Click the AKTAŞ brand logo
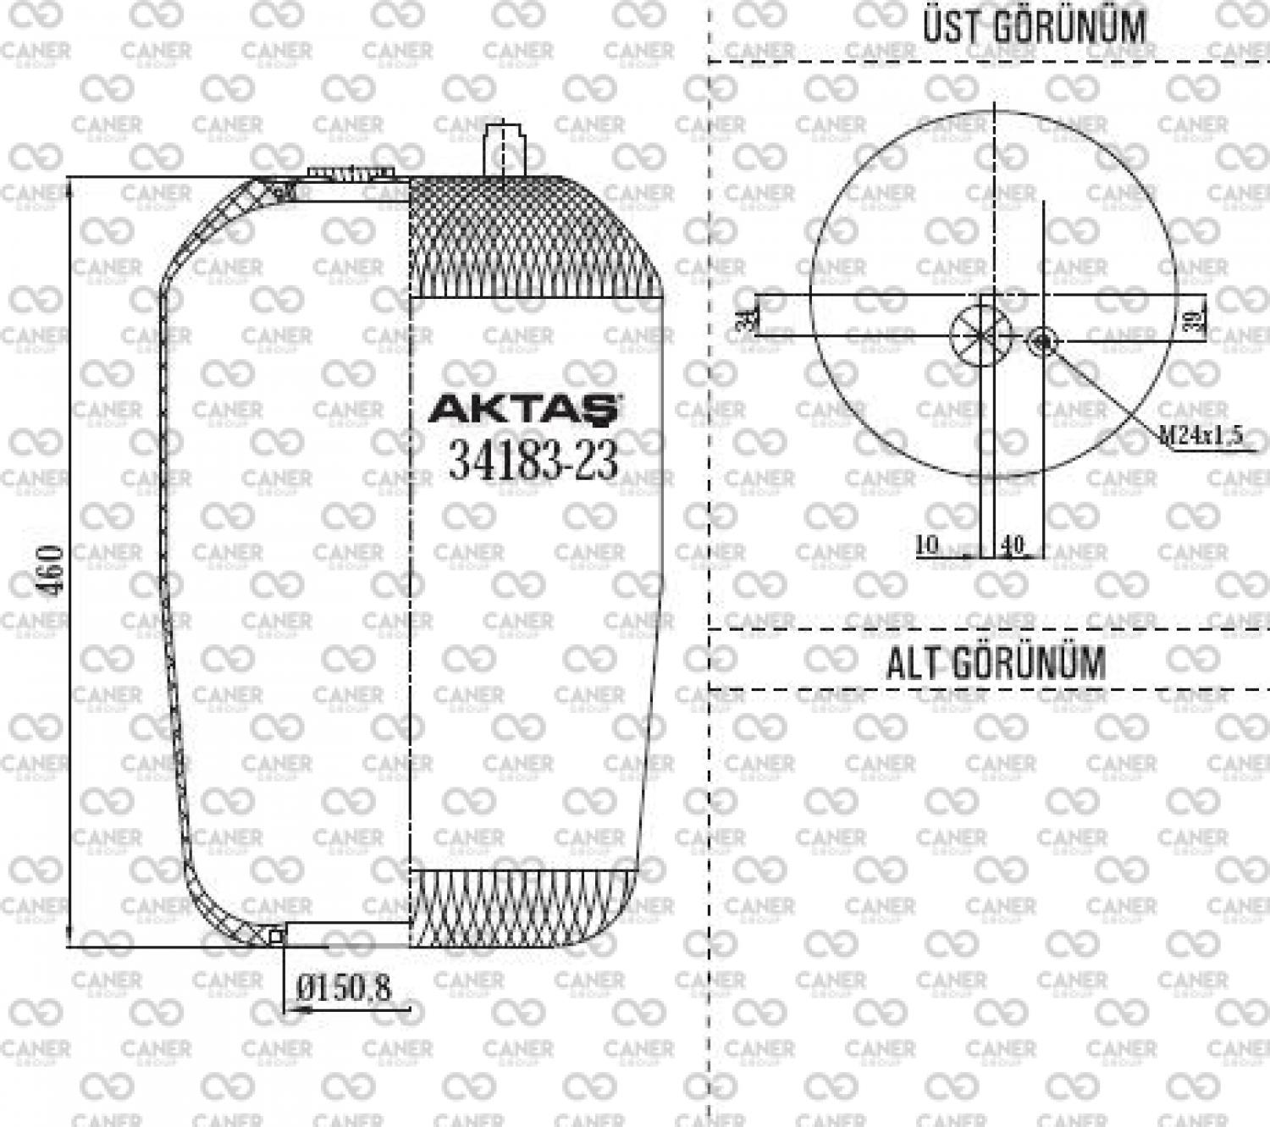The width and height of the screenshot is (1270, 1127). coord(525,409)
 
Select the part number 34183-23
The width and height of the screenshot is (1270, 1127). coord(533,461)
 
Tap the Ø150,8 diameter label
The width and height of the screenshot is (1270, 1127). coord(345,987)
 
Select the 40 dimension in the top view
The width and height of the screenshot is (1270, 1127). coord(1012,544)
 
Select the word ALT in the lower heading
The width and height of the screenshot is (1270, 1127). coord(915,663)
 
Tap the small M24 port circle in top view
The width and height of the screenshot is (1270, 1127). coord(1043,341)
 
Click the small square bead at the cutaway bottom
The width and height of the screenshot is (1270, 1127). coord(274,936)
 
